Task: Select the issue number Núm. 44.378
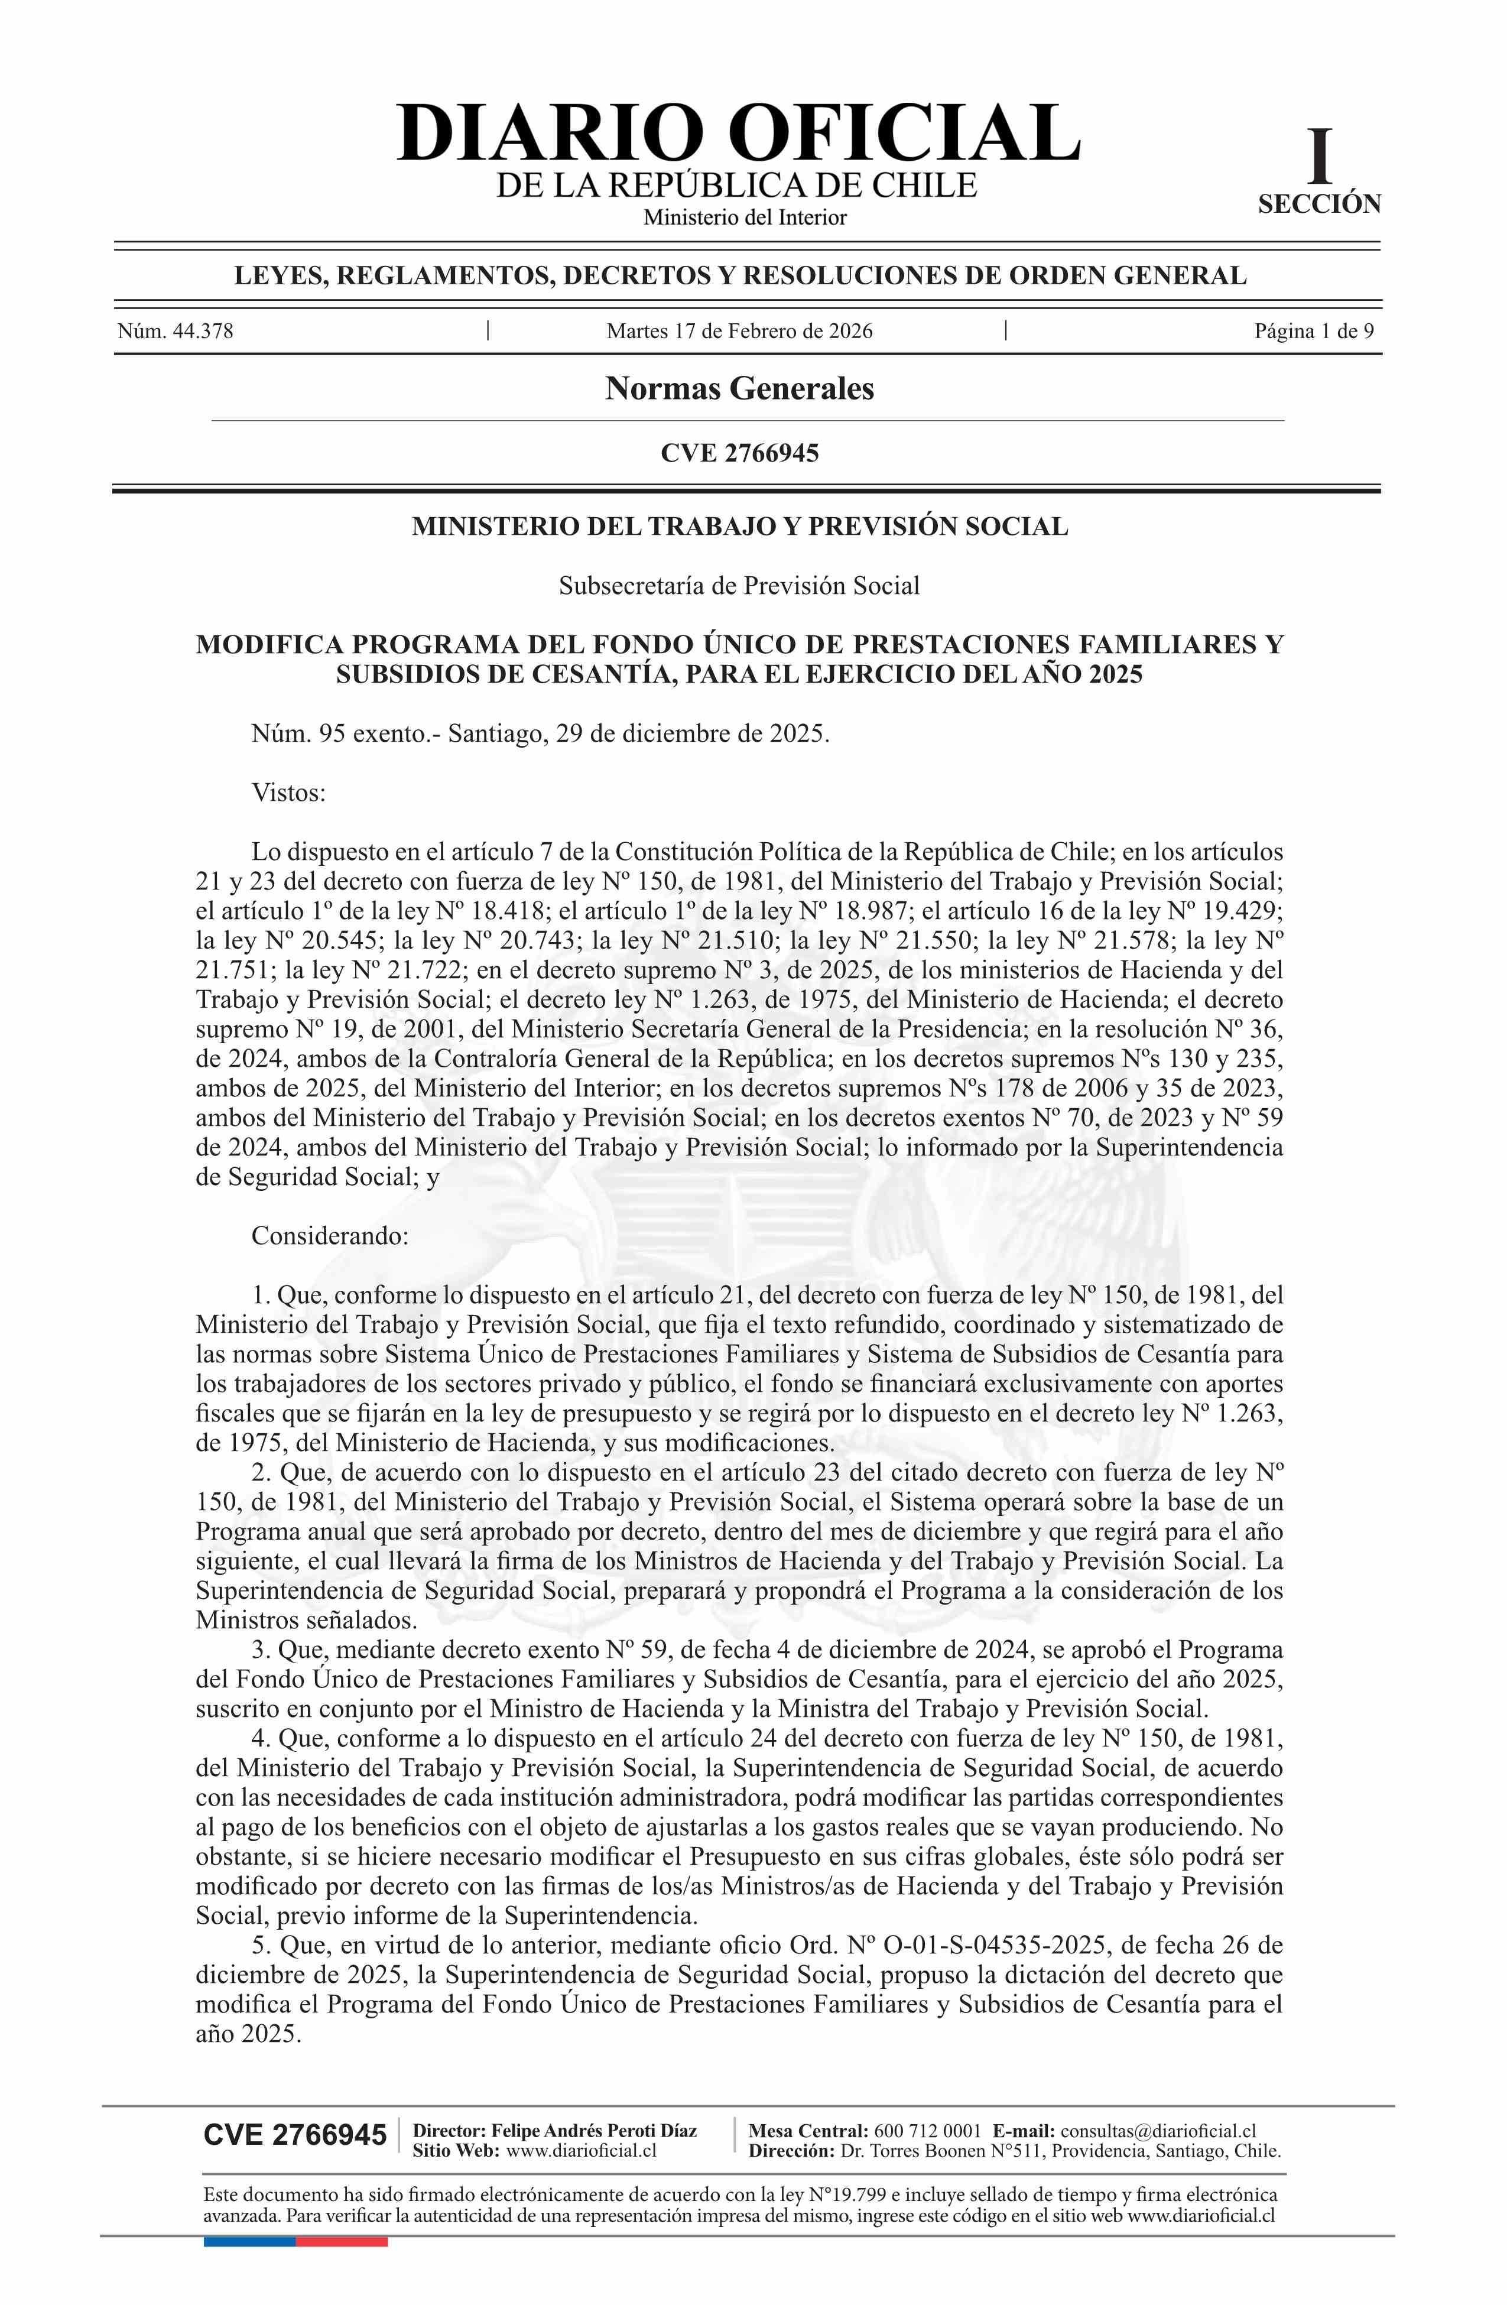176,331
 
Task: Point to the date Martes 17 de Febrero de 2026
740,331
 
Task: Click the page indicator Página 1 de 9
1313,331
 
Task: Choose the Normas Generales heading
740,388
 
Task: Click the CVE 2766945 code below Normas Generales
740,452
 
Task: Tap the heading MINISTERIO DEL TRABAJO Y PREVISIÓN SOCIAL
740,526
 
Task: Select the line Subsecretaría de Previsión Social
740,585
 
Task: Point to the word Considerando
329,1236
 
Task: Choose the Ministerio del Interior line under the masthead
745,217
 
